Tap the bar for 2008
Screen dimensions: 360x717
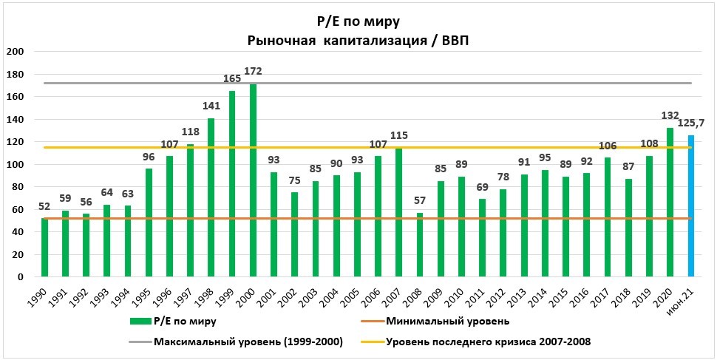(420, 245)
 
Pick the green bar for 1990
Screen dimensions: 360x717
(44, 247)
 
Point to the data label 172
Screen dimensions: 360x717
(253, 71)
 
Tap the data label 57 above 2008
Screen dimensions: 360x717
(420, 200)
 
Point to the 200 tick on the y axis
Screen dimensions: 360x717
(14, 52)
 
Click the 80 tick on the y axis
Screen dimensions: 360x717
(17, 187)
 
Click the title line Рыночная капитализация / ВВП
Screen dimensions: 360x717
(358, 41)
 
